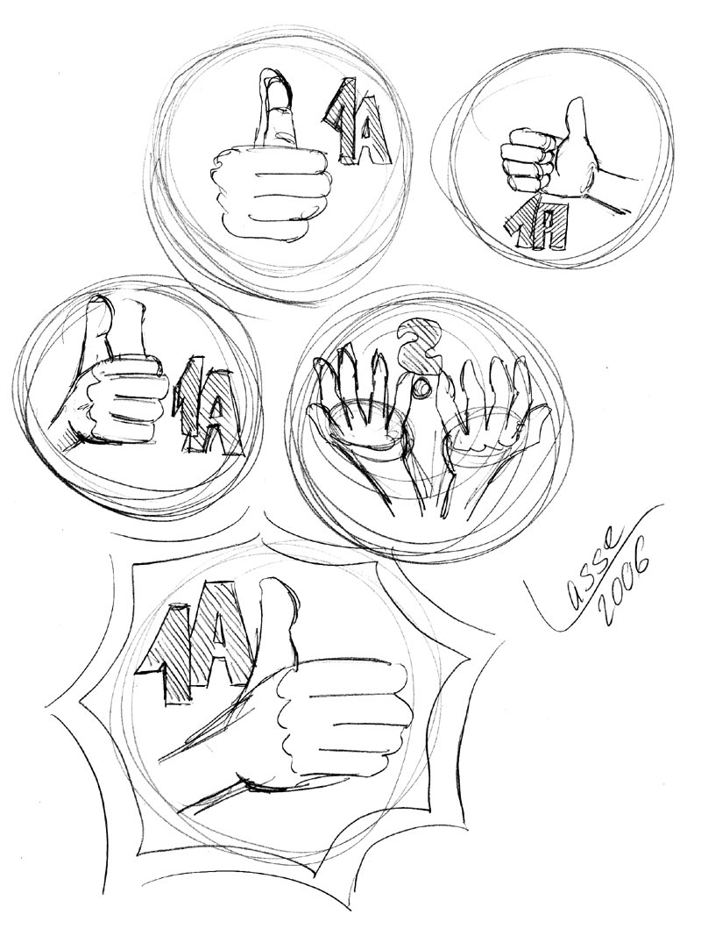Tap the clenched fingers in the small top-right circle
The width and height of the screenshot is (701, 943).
528,160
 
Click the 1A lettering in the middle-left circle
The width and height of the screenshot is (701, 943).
208,406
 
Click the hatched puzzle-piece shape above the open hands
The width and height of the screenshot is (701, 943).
420,346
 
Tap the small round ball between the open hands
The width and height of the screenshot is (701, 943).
424,388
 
